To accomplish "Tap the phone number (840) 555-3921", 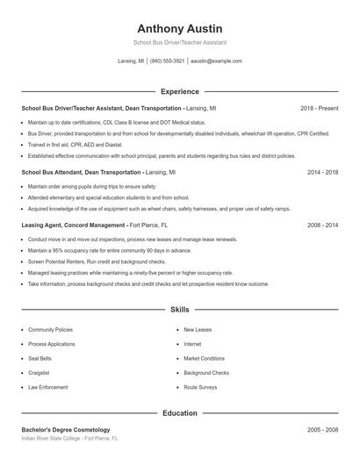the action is coord(167,61).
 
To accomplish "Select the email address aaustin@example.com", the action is coord(216,61).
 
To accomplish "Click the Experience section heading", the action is coord(179,91).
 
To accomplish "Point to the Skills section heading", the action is coord(179,310).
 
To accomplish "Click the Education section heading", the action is coord(179,412).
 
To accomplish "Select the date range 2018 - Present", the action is coord(319,108).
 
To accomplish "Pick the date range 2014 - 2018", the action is coord(322,173).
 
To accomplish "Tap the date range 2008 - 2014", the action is coord(322,225).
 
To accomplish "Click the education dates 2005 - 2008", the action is coord(322,429).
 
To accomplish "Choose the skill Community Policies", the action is coord(50,330).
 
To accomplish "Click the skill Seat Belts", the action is coord(40,358).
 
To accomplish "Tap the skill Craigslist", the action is coord(39,372).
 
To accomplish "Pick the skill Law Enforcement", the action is coord(47,386).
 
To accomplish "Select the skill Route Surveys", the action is coord(200,386).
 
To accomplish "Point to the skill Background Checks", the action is coord(205,372).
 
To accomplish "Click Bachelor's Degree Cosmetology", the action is coord(66,429).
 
